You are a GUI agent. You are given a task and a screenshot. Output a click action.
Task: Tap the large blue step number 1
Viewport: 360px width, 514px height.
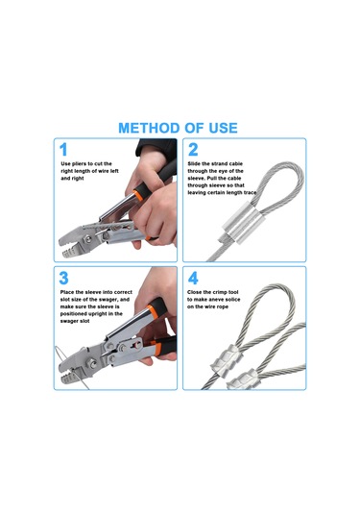[63, 150]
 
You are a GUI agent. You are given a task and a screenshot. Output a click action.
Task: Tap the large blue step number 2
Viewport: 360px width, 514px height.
[193, 150]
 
